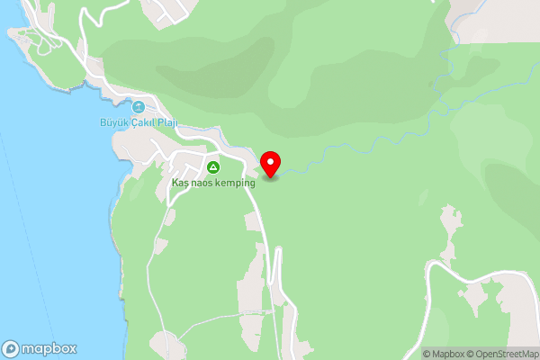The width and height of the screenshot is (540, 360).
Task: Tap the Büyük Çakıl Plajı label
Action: pyautogui.click(x=137, y=122)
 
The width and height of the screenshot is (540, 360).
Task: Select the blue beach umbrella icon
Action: pyautogui.click(x=138, y=107)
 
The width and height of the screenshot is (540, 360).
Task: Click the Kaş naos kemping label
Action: pyautogui.click(x=214, y=182)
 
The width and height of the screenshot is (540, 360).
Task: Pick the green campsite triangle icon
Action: pyautogui.click(x=213, y=167)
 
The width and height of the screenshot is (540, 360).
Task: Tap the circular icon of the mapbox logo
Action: pyautogui.click(x=11, y=349)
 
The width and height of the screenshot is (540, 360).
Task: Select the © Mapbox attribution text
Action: pyautogui.click(x=446, y=353)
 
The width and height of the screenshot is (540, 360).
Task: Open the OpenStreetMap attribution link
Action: pyautogui.click(x=506, y=353)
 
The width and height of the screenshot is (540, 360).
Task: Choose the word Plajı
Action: pyautogui.click(x=165, y=122)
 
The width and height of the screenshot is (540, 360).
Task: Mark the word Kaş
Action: pyautogui.click(x=180, y=182)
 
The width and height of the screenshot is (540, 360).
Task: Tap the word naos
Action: pyautogui.click(x=202, y=182)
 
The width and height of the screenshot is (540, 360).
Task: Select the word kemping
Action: pyautogui.click(x=237, y=182)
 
